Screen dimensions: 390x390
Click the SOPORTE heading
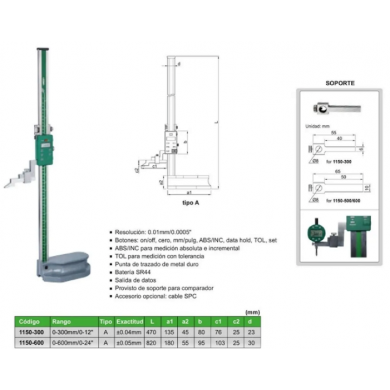tap(340, 83)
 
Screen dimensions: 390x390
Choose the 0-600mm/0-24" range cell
tap(73, 343)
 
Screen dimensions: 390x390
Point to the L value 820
tap(151, 343)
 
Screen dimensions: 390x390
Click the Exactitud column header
tap(129, 322)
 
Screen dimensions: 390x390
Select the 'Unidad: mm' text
tap(317, 126)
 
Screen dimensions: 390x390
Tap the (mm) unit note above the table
tap(252, 313)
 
